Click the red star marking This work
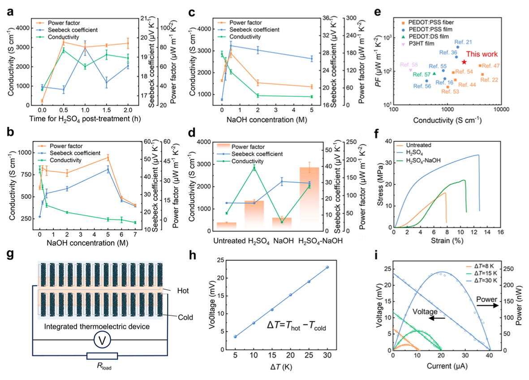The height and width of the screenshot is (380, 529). (464, 62)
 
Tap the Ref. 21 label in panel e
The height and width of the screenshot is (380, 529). (463, 42)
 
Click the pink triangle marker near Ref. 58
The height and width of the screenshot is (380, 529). (411, 70)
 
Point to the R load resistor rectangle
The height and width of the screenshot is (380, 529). (102, 356)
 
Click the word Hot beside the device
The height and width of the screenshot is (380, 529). (183, 291)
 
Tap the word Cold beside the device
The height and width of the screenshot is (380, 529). (185, 318)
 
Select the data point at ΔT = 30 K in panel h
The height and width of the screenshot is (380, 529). (327, 267)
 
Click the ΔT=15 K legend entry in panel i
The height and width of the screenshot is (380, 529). (486, 273)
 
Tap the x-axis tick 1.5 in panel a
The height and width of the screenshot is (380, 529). (107, 110)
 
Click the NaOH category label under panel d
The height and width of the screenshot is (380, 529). (284, 241)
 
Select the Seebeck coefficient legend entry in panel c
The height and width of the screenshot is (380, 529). (254, 30)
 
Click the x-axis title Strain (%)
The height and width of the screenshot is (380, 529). (447, 241)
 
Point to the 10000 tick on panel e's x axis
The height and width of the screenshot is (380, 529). (501, 109)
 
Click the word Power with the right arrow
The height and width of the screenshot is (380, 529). (486, 299)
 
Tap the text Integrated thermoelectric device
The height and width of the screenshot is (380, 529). (97, 327)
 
